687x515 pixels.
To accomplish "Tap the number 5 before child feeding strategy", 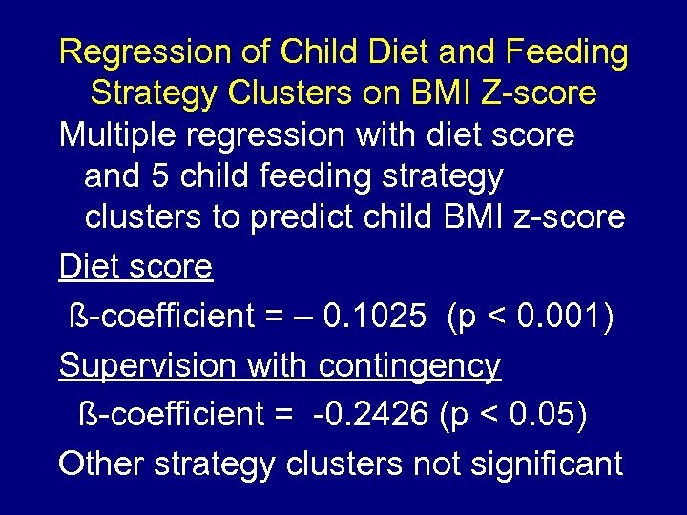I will [x=174, y=176].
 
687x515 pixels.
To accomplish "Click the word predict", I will [x=302, y=217].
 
